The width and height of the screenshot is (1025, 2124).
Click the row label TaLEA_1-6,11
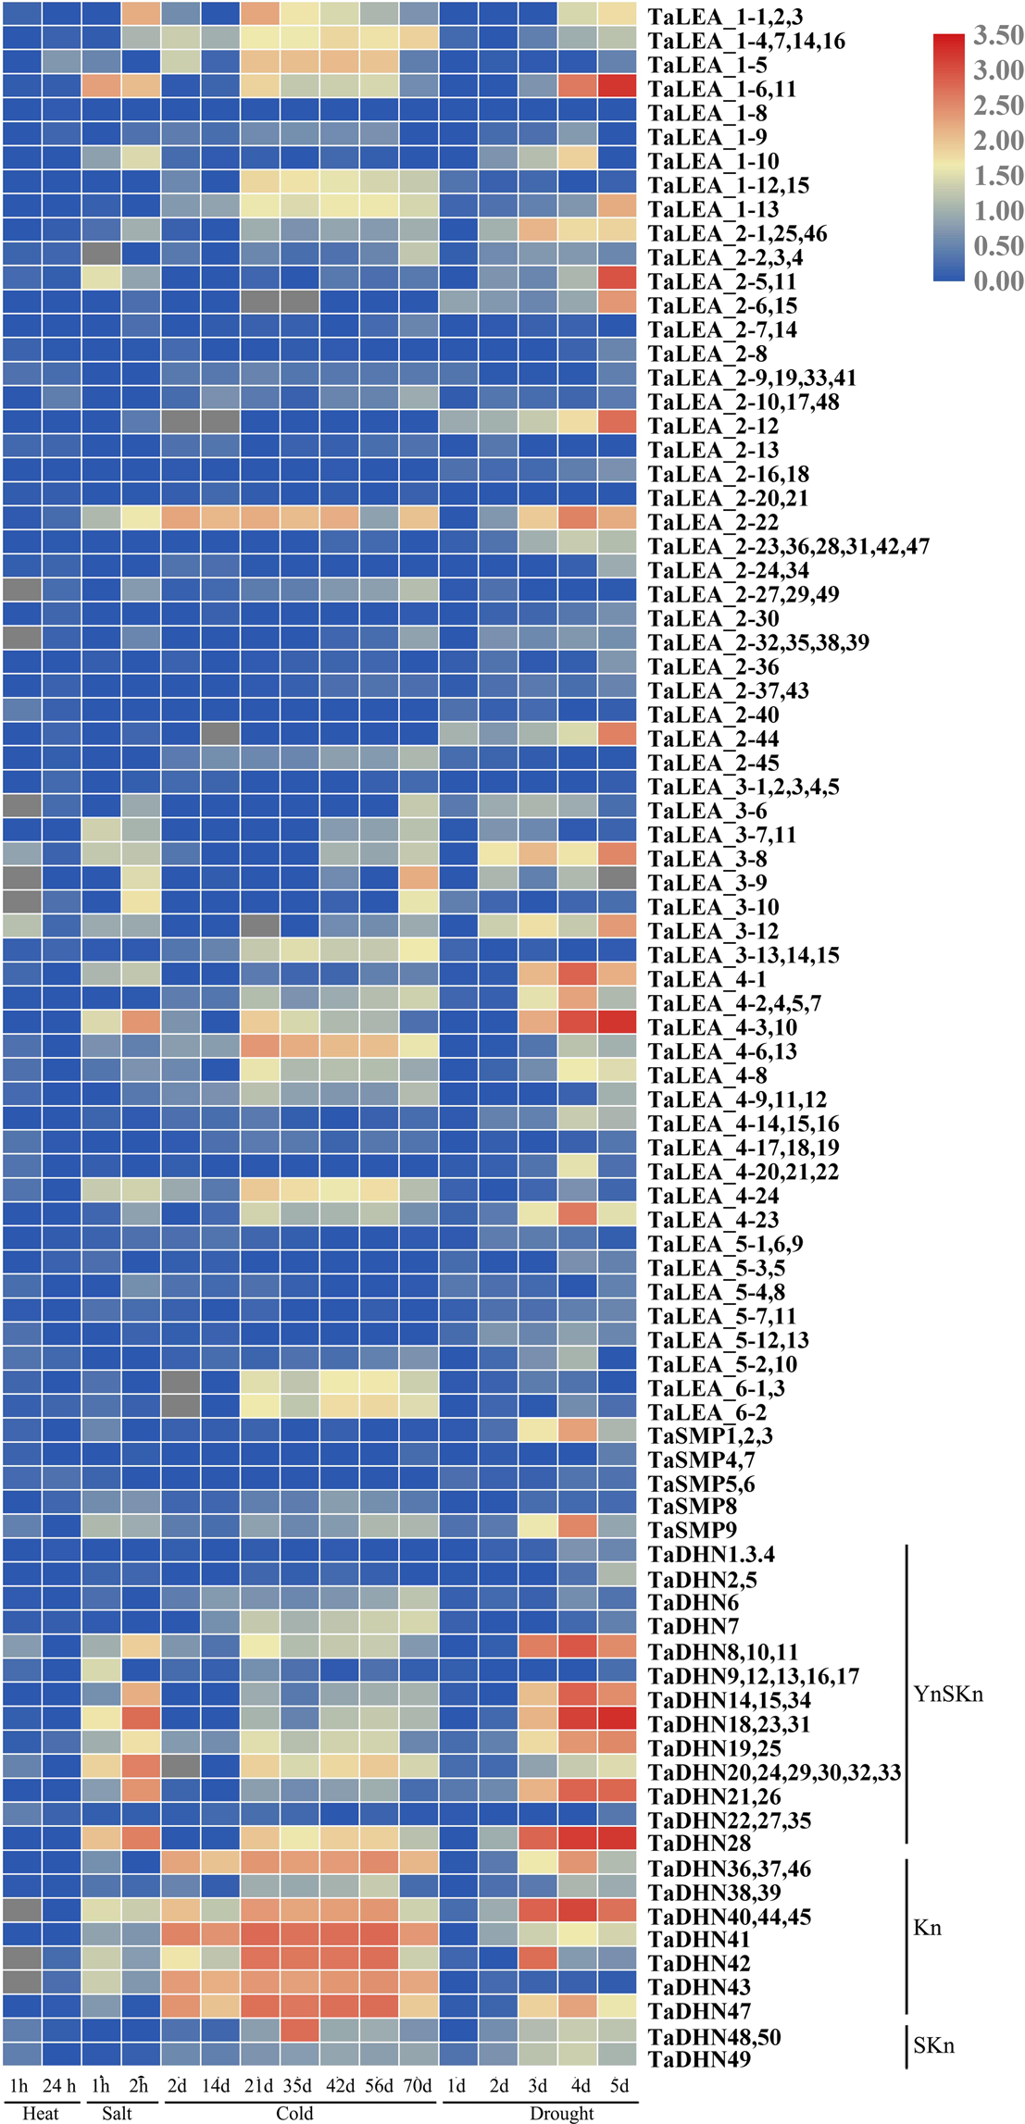point(721,89)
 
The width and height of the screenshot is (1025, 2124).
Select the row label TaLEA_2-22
point(713,522)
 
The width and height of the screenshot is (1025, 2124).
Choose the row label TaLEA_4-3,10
point(722,1027)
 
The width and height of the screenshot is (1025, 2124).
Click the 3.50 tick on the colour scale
point(997,35)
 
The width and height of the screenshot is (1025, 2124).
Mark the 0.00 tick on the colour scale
point(997,280)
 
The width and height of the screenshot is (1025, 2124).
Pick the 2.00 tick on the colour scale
point(997,141)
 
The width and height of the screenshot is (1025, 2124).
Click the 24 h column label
point(59,2085)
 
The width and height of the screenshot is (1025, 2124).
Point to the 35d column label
point(297,2085)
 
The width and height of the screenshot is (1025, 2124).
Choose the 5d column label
point(619,2085)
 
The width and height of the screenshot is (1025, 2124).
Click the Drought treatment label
point(561,2113)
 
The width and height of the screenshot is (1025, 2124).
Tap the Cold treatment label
point(294,2113)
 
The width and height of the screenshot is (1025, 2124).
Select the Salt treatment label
point(117,2113)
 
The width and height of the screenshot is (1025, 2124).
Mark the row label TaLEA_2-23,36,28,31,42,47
point(788,546)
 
